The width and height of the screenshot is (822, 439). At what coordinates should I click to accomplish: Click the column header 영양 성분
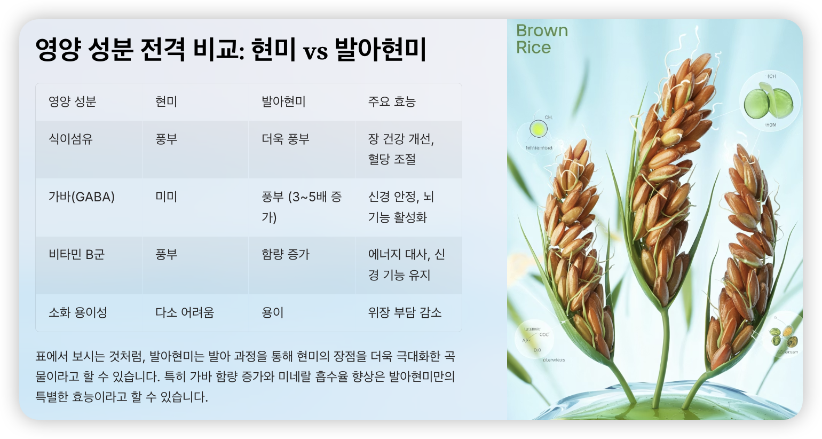[72, 102]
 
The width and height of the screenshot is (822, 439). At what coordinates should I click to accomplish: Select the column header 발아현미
[283, 102]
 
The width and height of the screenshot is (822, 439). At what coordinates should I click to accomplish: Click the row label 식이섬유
[70, 139]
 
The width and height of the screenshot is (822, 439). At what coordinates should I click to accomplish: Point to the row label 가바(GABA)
[82, 197]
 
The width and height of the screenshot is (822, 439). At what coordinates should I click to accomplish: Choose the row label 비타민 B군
[76, 255]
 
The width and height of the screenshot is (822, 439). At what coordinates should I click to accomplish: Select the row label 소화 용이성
[78, 312]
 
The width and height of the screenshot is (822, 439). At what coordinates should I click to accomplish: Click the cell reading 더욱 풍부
[286, 139]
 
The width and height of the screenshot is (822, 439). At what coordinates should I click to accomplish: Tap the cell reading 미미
[166, 197]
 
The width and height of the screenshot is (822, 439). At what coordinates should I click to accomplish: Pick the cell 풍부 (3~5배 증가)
[301, 207]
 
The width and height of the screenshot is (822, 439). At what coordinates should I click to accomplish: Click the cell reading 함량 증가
[286, 255]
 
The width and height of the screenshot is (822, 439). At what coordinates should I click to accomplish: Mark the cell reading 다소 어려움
[185, 312]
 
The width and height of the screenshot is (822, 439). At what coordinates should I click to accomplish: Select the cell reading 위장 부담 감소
[405, 312]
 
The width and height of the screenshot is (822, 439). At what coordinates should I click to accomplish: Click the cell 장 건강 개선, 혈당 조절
[401, 150]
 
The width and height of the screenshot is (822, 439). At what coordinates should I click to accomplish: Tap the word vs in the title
[315, 52]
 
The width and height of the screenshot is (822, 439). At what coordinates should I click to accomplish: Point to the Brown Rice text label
[541, 39]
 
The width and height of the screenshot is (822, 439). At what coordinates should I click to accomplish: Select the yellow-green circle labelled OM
[539, 129]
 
